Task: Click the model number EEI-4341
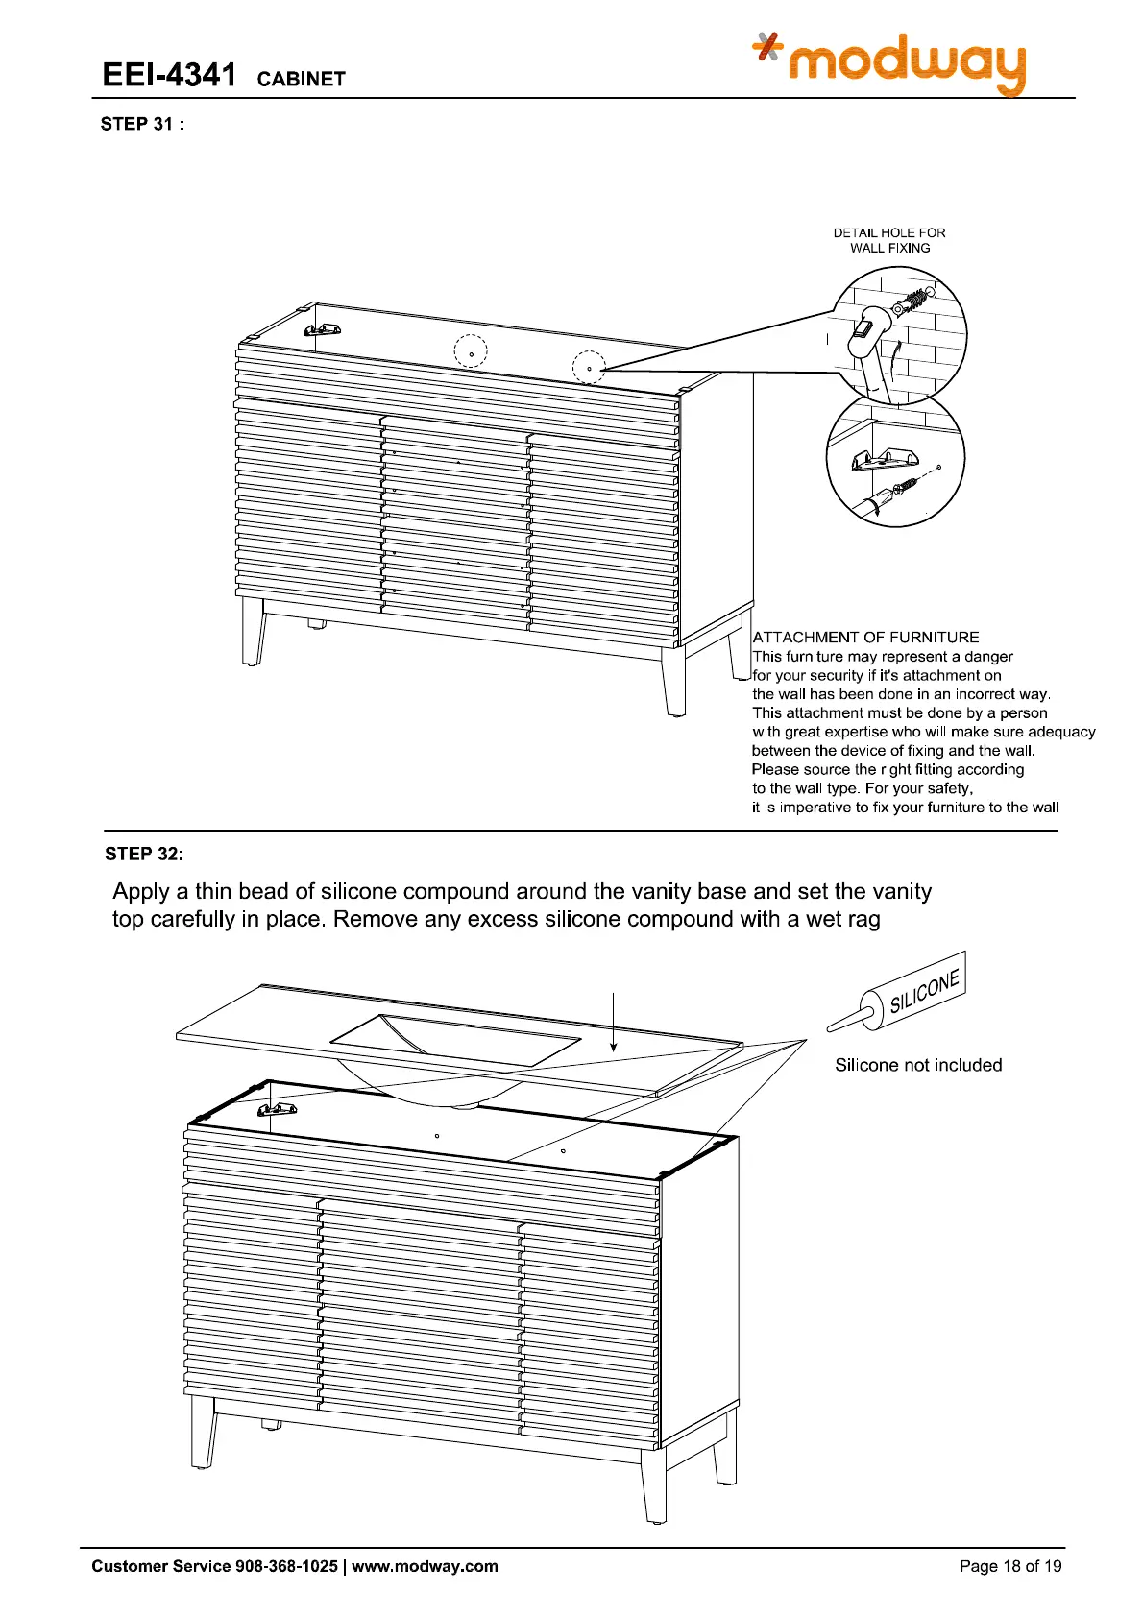[x=169, y=75]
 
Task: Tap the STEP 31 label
[x=141, y=124]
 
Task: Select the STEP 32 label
[x=143, y=854]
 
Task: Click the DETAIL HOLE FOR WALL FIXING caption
[x=889, y=240]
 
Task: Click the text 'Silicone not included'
[x=918, y=1065]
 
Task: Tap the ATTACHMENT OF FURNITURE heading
[x=865, y=638]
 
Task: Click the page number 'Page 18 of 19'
[x=1010, y=1566]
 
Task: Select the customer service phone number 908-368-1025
[x=286, y=1566]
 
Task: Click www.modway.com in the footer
[x=425, y=1566]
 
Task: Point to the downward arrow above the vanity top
[x=613, y=1023]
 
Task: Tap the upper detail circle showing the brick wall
[x=899, y=334]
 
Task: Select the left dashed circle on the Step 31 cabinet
[x=471, y=351]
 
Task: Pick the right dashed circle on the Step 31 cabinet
[x=589, y=368]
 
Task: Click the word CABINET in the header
[x=301, y=79]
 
